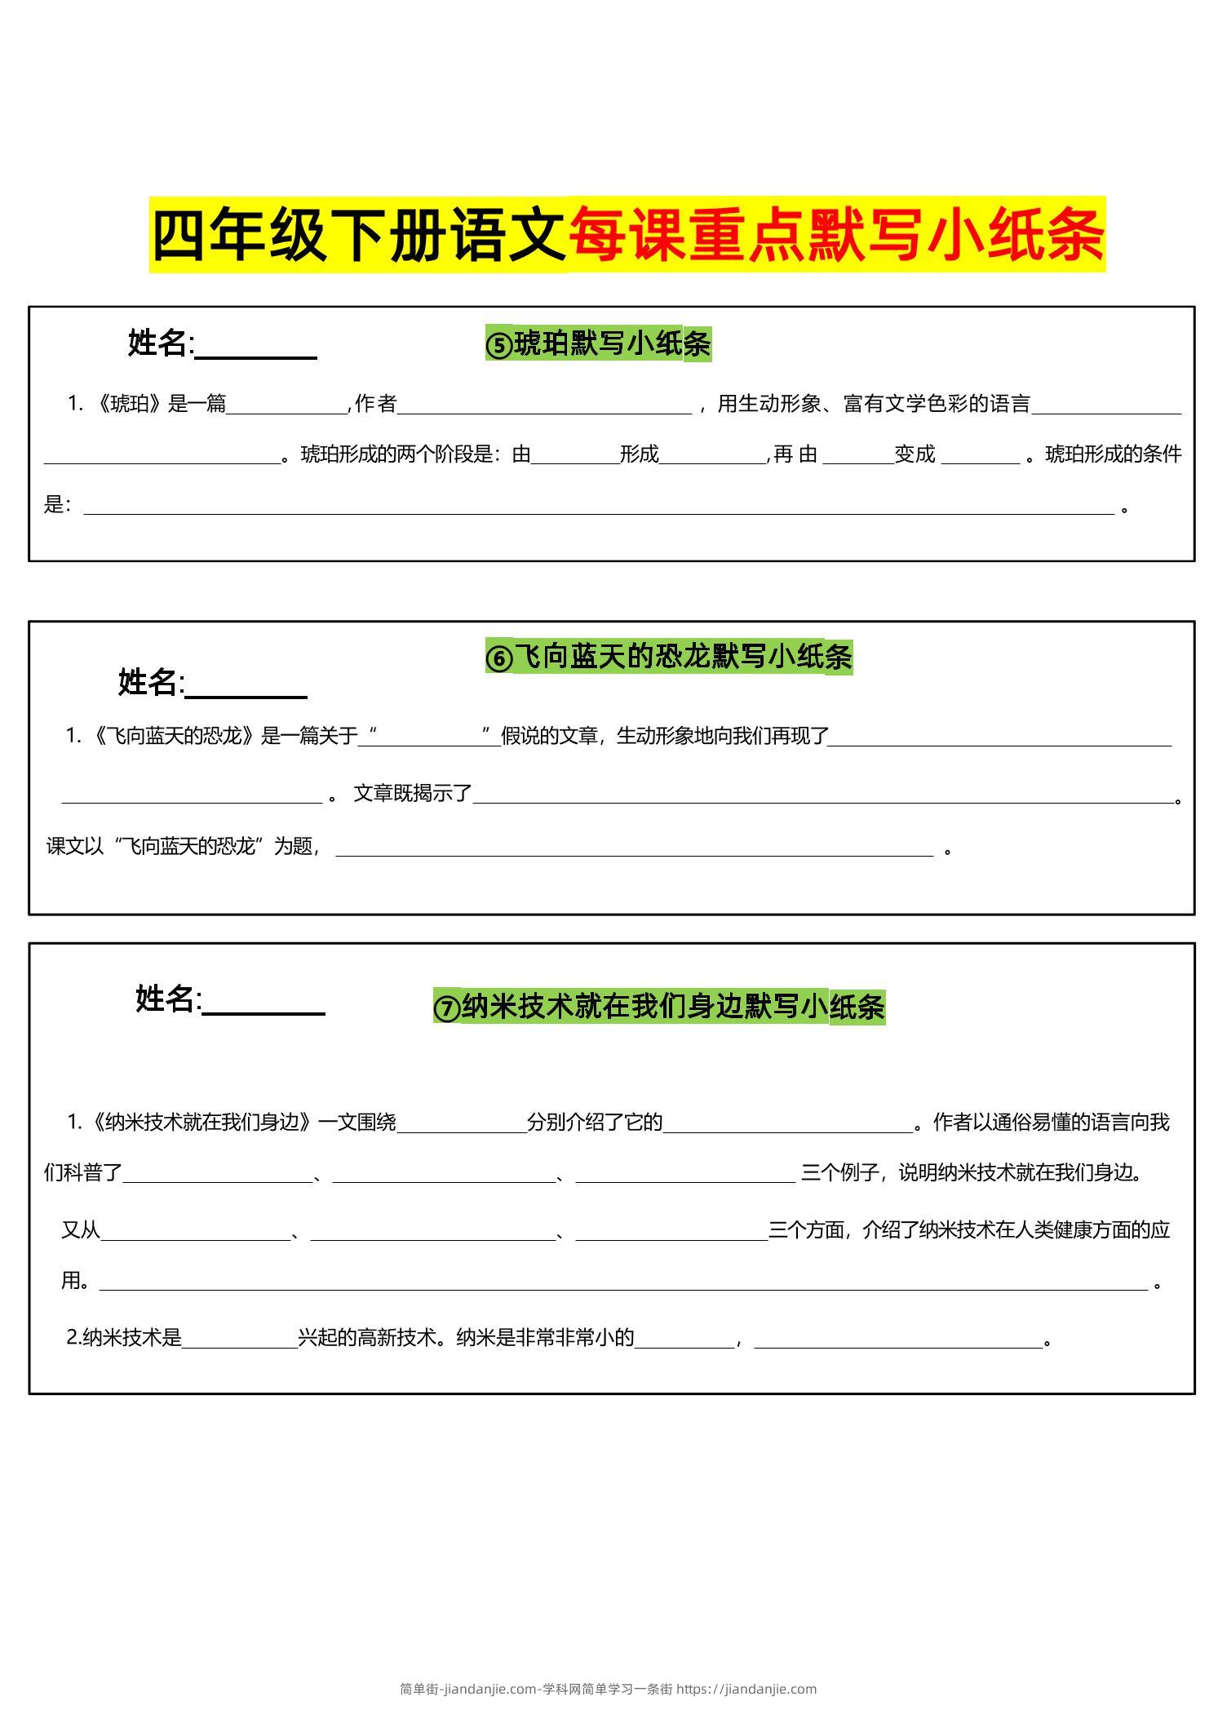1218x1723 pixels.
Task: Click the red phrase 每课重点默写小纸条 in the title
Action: click(x=836, y=235)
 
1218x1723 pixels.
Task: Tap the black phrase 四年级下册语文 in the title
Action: click(x=359, y=235)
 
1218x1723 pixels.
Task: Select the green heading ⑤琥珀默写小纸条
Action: click(x=598, y=343)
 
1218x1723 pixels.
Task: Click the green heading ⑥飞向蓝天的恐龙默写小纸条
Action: click(x=669, y=657)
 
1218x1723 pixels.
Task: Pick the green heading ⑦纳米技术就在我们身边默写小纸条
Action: click(x=659, y=1006)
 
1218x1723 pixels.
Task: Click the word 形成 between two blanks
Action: click(x=639, y=454)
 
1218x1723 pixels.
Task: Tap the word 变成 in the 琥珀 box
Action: click(x=915, y=454)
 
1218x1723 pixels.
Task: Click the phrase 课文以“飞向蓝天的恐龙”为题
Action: click(x=181, y=846)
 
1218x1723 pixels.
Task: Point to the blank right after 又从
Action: click(x=196, y=1231)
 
